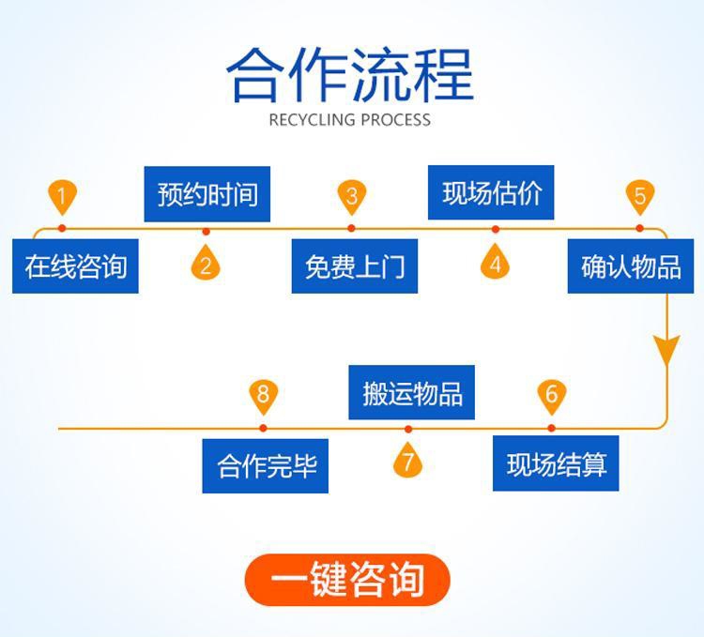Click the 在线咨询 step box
pos(75,266)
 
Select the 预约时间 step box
pos(207,194)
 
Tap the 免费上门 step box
pos(354,266)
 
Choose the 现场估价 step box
pos(492,192)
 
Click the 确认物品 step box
pos(631,266)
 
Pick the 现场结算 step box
pos(557,464)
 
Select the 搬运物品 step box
pos(412,392)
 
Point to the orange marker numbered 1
pos(62,197)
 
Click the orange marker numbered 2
pos(206,264)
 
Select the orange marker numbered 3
pos(351,197)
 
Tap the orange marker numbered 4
pos(495,263)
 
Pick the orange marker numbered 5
pos(639,197)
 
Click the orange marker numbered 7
pos(407,462)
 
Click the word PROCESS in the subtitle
pos(394,119)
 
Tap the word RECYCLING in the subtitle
pos(312,119)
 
